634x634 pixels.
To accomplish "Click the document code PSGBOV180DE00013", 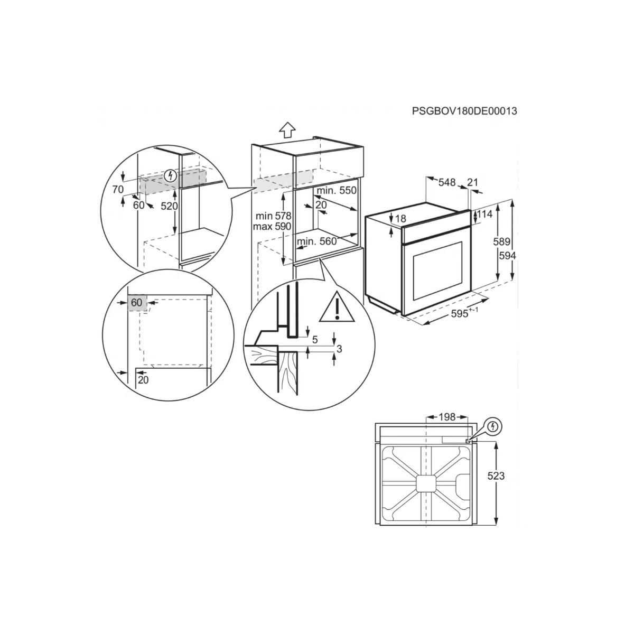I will pos(464,111).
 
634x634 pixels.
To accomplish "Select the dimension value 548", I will pos(446,182).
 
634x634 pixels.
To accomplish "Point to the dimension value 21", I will pos(472,182).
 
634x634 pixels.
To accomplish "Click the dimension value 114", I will pos(485,215).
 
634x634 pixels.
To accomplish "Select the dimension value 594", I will pos(507,255).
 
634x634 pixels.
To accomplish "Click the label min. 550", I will pos(337,191).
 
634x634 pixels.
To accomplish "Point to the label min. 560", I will pos(316,242).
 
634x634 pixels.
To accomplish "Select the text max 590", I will pos(273,227).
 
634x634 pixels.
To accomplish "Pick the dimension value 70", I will pos(118,189).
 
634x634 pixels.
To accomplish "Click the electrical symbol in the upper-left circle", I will pos(170,175).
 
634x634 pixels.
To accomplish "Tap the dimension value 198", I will pos(446,417).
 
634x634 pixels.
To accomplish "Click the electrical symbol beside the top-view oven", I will pos(493,425).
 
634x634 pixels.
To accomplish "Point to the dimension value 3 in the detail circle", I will pos(339,349).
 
